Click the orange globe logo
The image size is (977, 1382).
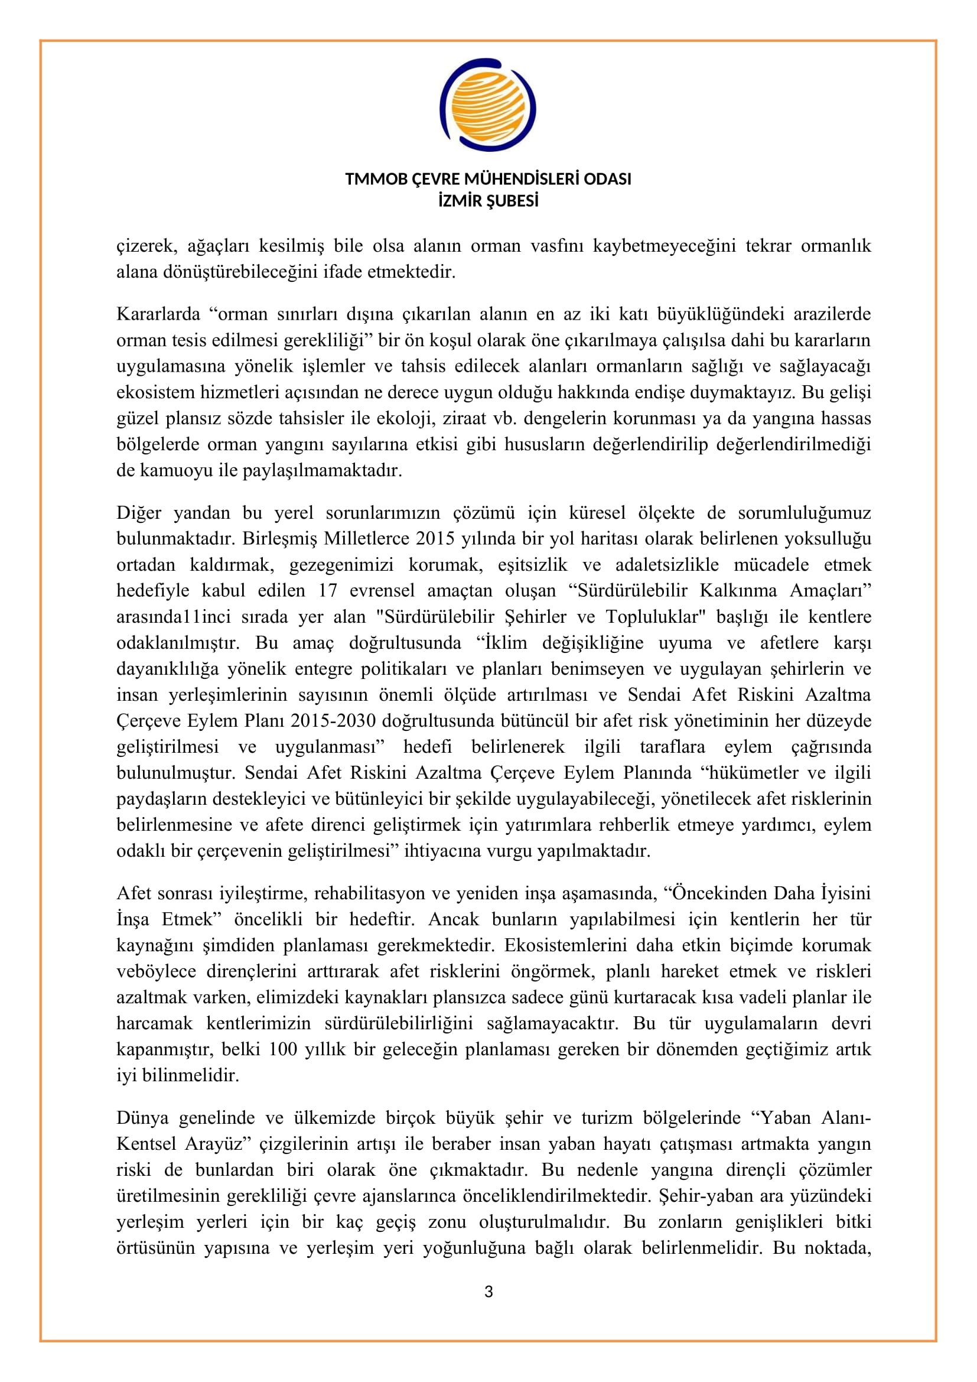pos(488,105)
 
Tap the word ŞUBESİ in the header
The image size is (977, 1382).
pos(513,201)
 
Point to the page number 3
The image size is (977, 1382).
pos(488,1291)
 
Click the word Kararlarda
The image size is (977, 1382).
pos(158,314)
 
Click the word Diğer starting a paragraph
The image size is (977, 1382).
pos(139,513)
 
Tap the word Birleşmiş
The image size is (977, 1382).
pos(279,539)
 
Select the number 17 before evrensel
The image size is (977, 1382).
pos(328,590)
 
